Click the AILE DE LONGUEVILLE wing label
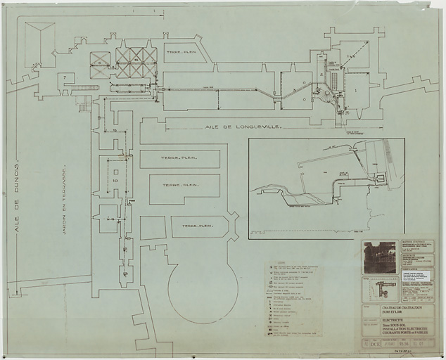243,127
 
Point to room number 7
65,77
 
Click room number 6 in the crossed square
100,64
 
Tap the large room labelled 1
357,91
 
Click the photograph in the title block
380,257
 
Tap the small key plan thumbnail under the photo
381,289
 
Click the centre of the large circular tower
203,288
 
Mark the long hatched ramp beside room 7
84,87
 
